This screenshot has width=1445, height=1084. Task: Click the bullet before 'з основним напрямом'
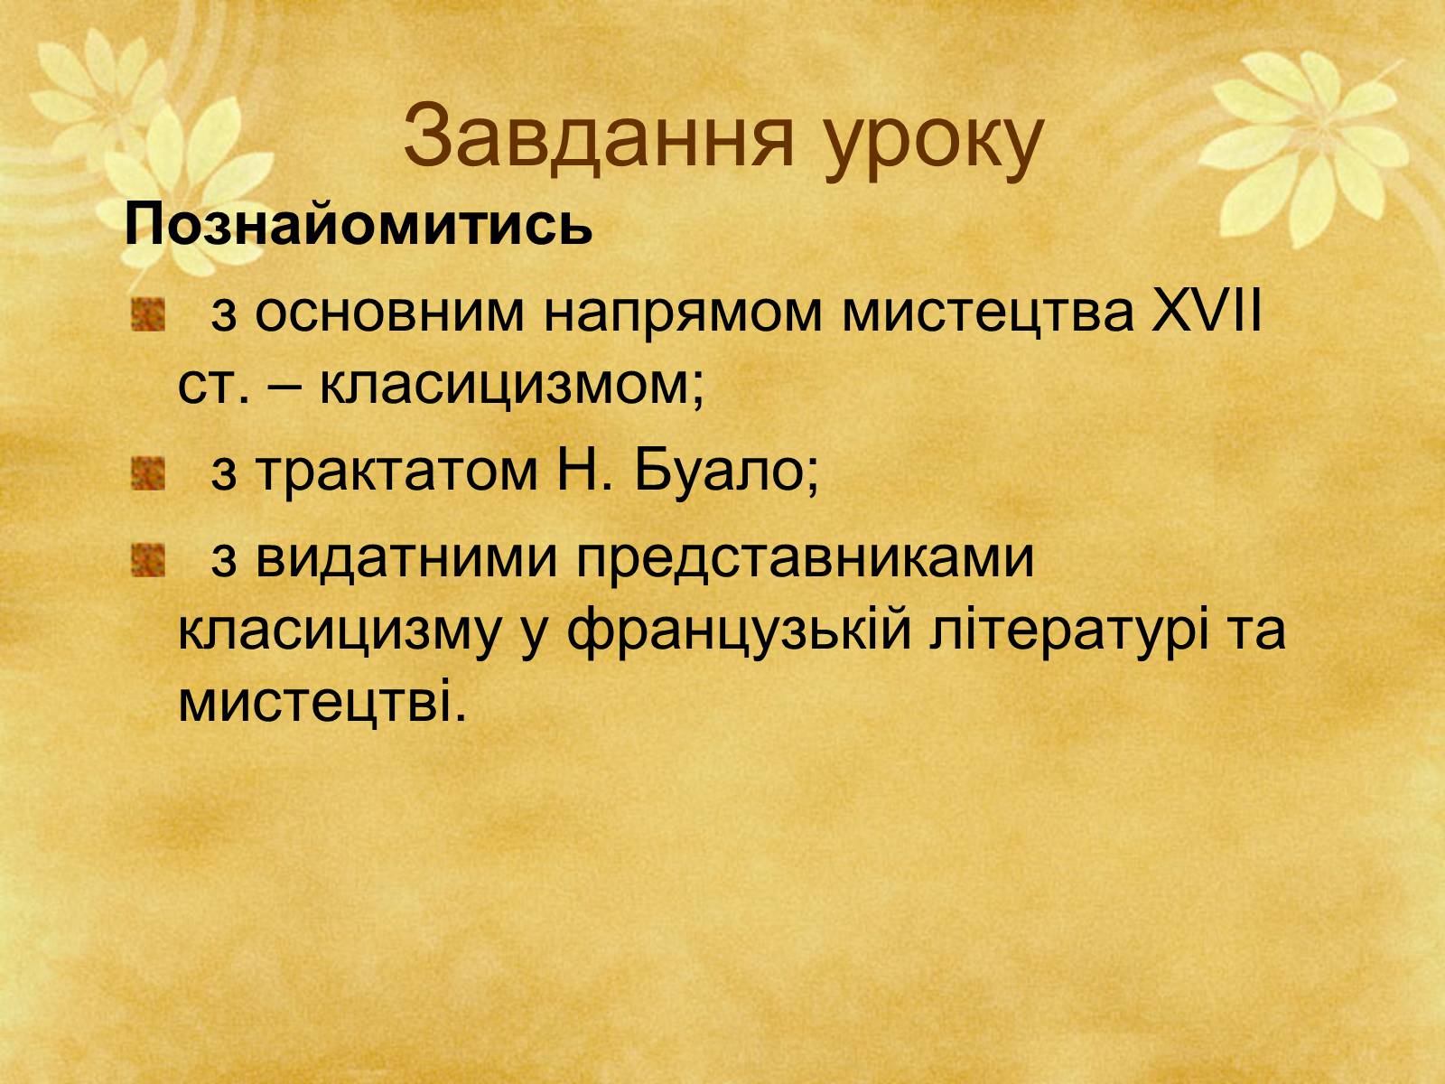(147, 314)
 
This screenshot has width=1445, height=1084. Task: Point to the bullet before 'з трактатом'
(147, 474)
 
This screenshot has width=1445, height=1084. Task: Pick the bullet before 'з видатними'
(147, 560)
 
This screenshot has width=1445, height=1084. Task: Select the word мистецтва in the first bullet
(988, 315)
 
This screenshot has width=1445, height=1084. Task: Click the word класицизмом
(511, 387)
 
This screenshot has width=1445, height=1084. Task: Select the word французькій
(740, 631)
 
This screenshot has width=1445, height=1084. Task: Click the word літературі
(1069, 631)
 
